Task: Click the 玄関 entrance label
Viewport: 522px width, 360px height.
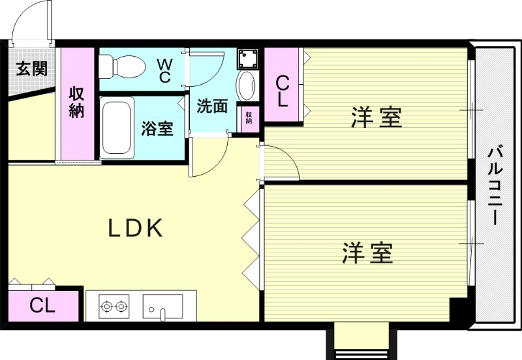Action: click(x=31, y=68)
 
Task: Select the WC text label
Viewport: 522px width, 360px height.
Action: click(x=164, y=70)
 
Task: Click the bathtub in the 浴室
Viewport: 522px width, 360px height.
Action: click(x=117, y=127)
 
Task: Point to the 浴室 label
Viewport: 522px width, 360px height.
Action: click(x=157, y=128)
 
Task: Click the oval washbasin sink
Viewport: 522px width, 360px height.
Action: click(x=247, y=85)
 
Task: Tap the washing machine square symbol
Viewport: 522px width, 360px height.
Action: click(x=248, y=58)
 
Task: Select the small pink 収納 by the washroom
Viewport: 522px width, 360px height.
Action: click(x=249, y=118)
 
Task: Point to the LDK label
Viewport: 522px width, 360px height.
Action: click(x=135, y=228)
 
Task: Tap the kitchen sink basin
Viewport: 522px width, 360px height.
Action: click(x=163, y=305)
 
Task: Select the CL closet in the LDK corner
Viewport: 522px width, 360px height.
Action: click(x=42, y=305)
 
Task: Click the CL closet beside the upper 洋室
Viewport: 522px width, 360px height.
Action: click(x=283, y=91)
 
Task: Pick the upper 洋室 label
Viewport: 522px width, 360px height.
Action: click(x=376, y=118)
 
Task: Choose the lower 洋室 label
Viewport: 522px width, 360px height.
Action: click(x=368, y=252)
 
